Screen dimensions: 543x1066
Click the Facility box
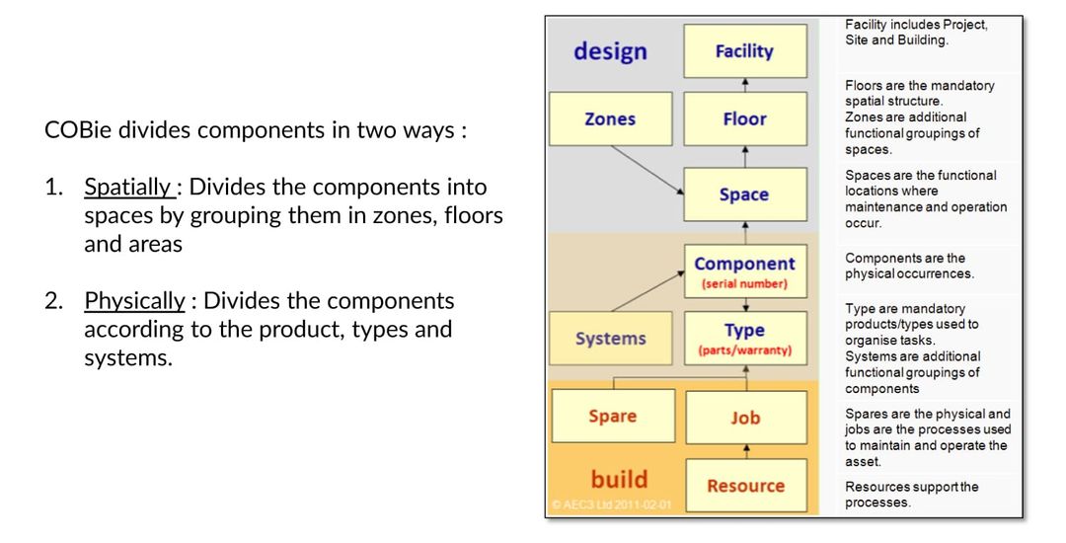click(745, 51)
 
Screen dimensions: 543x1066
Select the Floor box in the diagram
click(745, 118)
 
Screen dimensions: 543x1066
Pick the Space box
click(745, 194)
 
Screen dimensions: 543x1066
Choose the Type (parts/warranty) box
click(745, 337)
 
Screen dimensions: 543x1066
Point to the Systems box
click(611, 339)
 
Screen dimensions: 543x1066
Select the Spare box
click(612, 416)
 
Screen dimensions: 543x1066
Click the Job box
click(745, 418)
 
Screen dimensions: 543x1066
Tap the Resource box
click(745, 485)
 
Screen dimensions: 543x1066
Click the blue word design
click(610, 51)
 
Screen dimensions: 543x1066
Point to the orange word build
click(619, 479)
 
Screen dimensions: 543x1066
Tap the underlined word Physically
click(121, 299)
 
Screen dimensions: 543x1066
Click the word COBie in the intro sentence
click(77, 132)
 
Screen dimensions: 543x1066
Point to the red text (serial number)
click(745, 283)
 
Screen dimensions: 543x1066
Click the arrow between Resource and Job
click(745, 451)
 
